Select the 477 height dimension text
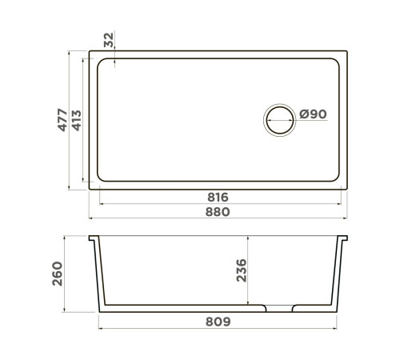point(62,121)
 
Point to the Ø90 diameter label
point(313,115)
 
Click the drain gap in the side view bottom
point(279,307)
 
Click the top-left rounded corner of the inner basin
point(100,64)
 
